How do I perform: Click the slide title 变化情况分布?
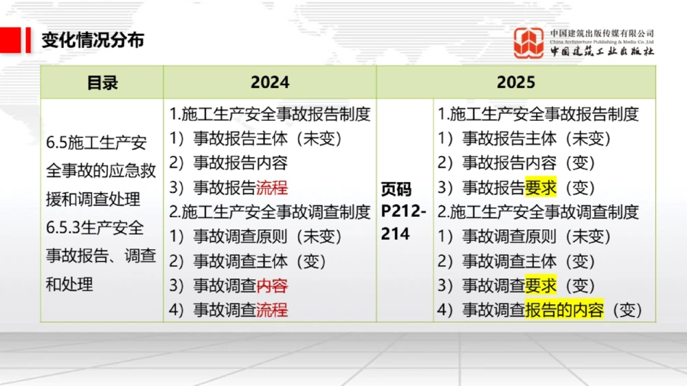(x=93, y=39)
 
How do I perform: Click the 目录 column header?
(x=102, y=82)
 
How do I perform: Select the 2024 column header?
(x=269, y=82)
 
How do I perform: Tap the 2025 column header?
(x=515, y=82)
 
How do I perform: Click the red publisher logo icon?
(x=529, y=43)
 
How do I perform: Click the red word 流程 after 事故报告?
(x=272, y=188)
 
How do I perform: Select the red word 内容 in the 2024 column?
(x=272, y=286)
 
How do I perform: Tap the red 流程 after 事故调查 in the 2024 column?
(x=272, y=310)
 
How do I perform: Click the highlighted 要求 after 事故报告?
(x=541, y=188)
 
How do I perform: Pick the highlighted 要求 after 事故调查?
(x=541, y=286)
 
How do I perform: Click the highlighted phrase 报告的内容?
(x=564, y=310)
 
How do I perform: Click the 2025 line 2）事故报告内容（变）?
(x=516, y=163)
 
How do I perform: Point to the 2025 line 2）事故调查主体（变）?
(x=516, y=262)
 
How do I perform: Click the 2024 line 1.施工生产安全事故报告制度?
(x=269, y=114)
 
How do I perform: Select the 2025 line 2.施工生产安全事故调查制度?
(x=539, y=212)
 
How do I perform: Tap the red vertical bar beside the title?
(x=28, y=40)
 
